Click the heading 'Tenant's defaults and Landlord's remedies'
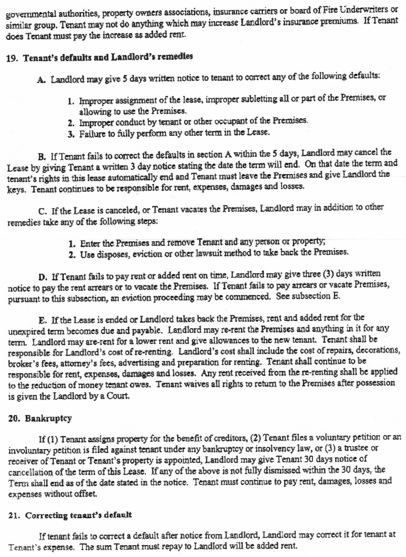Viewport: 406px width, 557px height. (107, 57)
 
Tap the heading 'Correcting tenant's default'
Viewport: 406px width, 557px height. (79, 515)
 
